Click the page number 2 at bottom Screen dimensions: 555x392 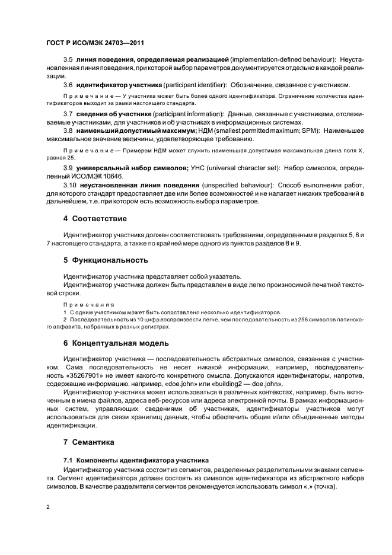point(48,508)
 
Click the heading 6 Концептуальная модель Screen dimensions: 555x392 point(116,343)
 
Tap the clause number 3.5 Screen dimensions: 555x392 point(68,60)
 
